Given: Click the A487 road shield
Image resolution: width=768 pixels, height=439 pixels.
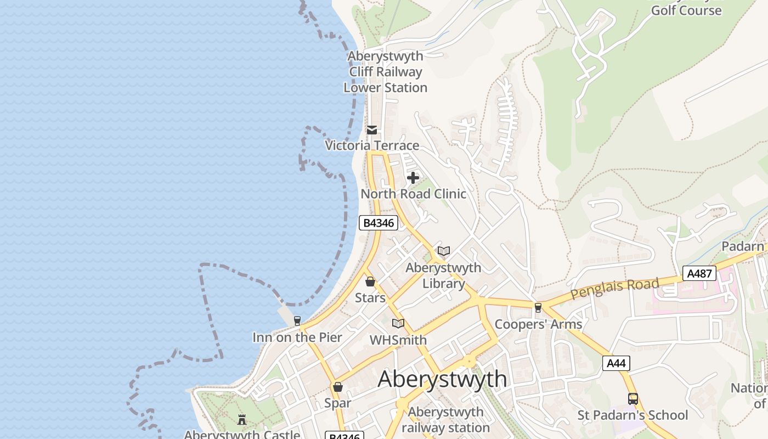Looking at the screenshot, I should point(699,273).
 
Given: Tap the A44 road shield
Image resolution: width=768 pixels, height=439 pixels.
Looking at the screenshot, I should point(616,363).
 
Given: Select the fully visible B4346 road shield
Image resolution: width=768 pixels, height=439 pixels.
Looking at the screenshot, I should point(379,223).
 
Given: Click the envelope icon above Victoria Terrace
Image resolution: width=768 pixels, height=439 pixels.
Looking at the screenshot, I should point(372,130).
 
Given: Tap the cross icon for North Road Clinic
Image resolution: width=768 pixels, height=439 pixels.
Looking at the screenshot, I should point(413,178).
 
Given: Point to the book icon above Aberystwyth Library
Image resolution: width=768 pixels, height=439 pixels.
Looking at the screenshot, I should point(444,251).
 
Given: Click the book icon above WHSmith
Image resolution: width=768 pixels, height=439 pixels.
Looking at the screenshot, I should point(398,324).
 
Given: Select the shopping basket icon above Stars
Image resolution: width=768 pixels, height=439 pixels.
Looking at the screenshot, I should point(370,282).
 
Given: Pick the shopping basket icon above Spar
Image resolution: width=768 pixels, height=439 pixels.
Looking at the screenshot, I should point(338,387).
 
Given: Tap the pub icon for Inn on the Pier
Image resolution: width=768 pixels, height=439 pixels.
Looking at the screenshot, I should point(297,321).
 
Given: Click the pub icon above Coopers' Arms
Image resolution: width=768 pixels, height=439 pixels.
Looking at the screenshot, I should point(538,308).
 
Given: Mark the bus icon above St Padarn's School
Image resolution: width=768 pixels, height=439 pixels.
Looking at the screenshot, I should point(633,399).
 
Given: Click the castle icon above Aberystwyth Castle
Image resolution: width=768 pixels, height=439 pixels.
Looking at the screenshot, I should point(242,420).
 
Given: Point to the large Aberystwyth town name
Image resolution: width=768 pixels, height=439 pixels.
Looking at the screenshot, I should point(442,379).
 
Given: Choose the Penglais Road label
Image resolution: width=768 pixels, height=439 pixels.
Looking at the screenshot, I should point(614,288).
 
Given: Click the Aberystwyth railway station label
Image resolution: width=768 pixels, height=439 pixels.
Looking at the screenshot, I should point(445,420).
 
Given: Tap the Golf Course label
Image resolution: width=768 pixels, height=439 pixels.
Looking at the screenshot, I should point(686,10).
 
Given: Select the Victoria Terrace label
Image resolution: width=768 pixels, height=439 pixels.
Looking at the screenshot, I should point(372,145).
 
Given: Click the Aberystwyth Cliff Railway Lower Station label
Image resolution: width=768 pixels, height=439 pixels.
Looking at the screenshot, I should point(386,72).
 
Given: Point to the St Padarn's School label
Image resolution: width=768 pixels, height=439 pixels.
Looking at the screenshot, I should point(633,415).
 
